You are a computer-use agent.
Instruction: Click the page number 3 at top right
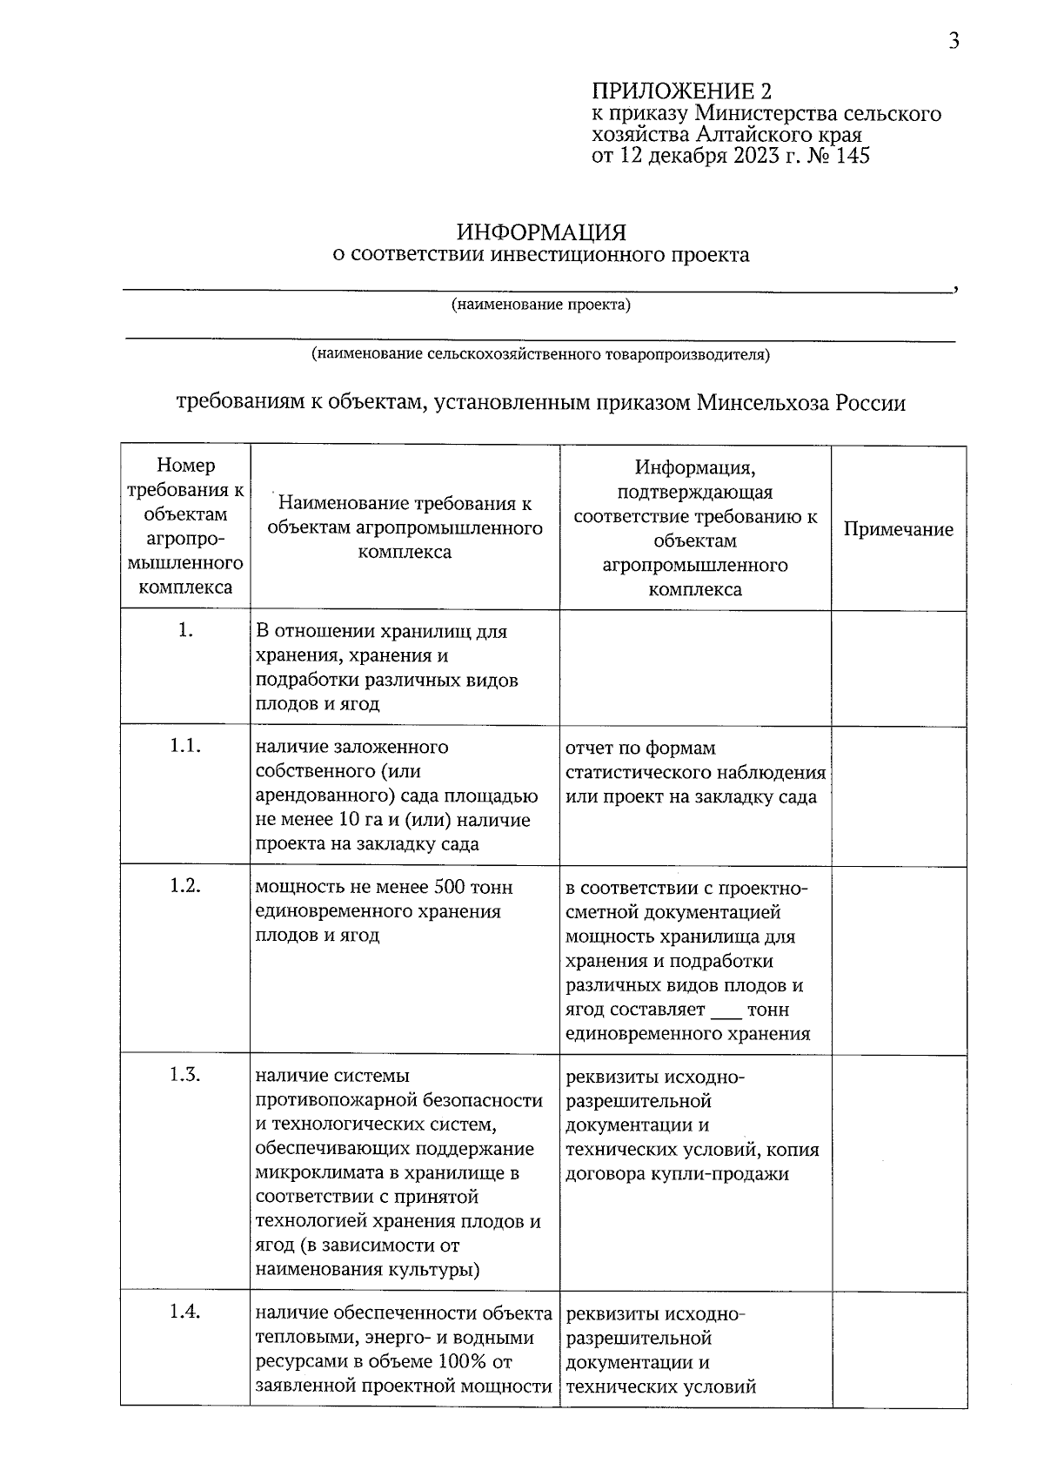[954, 41]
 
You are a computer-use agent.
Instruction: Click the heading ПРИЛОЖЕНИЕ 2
[681, 91]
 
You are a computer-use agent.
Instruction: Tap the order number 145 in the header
[852, 156]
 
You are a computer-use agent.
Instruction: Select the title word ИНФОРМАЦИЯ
[541, 232]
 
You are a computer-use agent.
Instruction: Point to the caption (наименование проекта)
[540, 305]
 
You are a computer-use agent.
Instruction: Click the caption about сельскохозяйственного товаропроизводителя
[540, 354]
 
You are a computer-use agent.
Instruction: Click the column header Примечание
[898, 529]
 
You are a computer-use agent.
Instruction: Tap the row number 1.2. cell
[185, 886]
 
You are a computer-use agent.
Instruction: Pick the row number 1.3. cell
[185, 1075]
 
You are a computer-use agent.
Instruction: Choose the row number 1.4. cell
[185, 1313]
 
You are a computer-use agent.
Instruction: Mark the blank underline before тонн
[726, 1010]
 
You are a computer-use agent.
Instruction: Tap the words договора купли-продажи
[677, 1173]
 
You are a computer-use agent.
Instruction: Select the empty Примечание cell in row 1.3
[898, 1171]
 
